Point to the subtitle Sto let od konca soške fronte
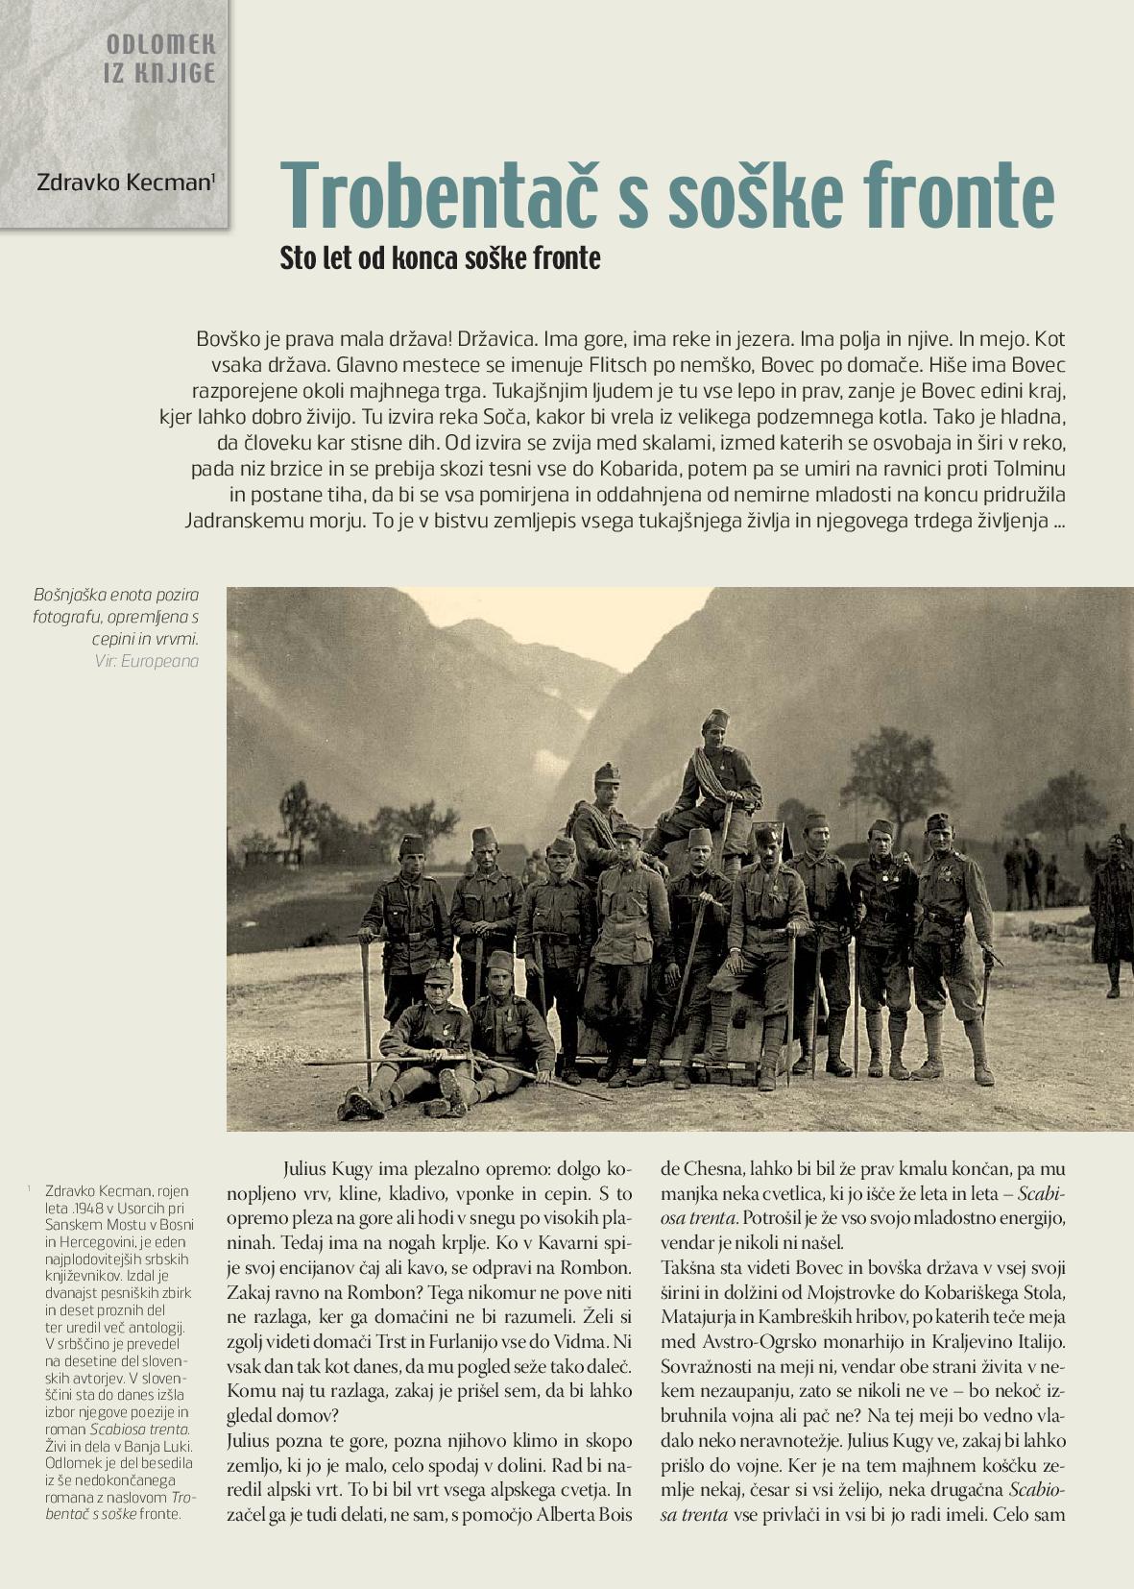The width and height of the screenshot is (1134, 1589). (440, 258)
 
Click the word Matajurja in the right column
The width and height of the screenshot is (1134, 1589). (704, 1315)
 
